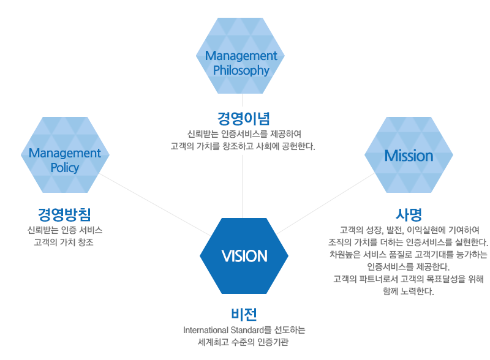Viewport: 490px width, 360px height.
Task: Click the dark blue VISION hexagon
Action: click(244, 256)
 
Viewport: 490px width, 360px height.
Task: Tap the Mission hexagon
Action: click(409, 155)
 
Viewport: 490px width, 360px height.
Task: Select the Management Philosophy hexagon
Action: click(240, 56)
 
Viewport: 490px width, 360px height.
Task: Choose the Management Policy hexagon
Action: click(65, 155)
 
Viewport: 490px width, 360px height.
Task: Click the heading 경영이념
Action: click(243, 118)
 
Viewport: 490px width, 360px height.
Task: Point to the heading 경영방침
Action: click(64, 214)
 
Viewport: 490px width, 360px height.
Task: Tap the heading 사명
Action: click(409, 214)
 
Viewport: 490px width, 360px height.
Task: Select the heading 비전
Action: click(244, 314)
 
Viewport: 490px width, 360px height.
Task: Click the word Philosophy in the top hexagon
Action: click(241, 70)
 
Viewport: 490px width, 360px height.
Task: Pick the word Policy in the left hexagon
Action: click(65, 168)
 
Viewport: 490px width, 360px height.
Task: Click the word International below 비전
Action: click(206, 330)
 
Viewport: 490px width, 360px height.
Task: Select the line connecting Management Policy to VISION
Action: click(155, 204)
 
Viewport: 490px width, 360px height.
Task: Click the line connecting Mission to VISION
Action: click(326, 203)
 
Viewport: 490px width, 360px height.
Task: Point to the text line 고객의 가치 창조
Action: click(64, 242)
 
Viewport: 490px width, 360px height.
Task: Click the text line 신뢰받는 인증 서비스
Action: click(65, 230)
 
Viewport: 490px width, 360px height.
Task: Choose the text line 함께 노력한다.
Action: click(409, 291)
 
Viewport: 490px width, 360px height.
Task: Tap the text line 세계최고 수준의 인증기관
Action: click(243, 342)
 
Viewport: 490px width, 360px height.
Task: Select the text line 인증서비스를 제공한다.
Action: click(409, 266)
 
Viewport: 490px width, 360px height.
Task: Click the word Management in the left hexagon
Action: click(65, 153)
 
